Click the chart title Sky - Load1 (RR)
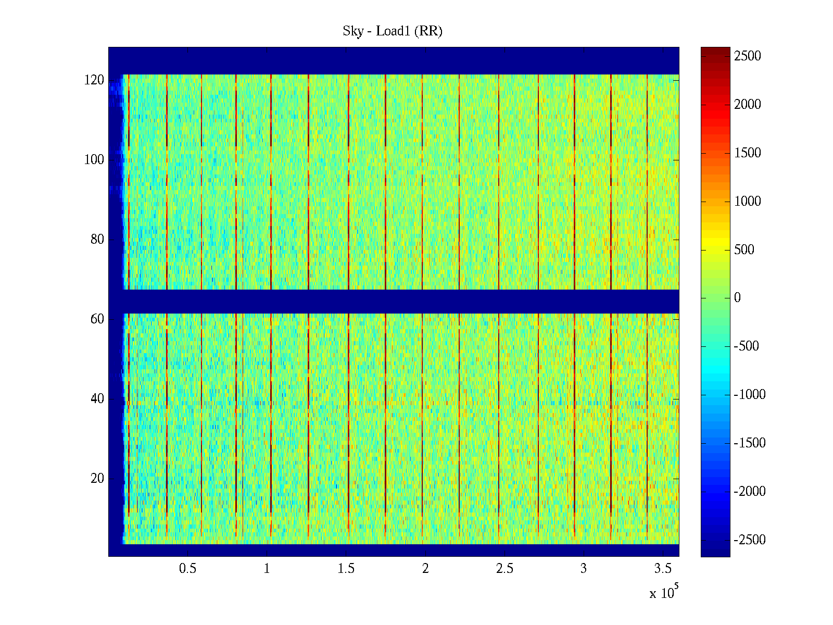[393, 31]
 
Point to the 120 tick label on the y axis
[94, 80]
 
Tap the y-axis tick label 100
[94, 160]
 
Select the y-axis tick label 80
[97, 240]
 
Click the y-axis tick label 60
[97, 319]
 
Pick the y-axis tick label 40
[97, 399]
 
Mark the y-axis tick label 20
[97, 479]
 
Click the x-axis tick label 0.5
[187, 569]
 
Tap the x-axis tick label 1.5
[346, 569]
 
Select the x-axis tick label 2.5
[504, 569]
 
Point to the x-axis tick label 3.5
[662, 569]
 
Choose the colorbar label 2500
[748, 56]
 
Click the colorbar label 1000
[748, 202]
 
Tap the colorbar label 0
[737, 298]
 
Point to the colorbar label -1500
[750, 443]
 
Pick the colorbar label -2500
[750, 540]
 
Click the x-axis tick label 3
[583, 569]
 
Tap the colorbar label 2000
[748, 105]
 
